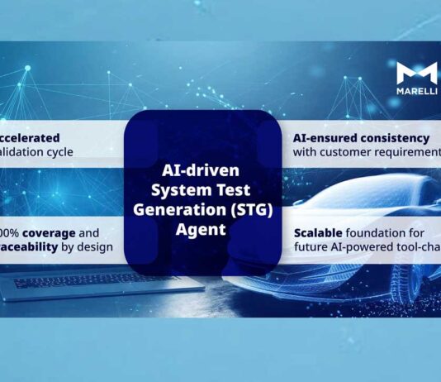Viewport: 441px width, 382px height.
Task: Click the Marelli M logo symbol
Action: click(x=417, y=74)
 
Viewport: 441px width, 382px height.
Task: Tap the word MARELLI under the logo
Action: click(x=417, y=91)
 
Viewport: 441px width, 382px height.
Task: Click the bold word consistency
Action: click(x=400, y=138)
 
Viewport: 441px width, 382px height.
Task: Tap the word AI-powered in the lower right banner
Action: click(x=363, y=246)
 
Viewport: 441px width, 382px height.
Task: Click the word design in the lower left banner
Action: click(x=97, y=246)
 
